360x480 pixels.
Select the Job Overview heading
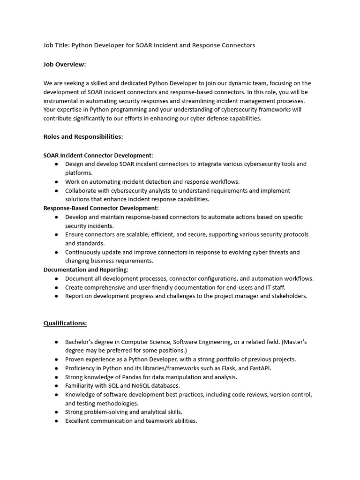coord(65,65)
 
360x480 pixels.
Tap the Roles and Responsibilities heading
coord(83,137)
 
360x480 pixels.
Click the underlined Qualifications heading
coord(65,323)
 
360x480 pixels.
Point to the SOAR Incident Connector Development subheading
coord(98,155)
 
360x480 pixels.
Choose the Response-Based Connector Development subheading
coord(101,208)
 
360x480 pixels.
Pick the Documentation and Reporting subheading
coord(85,270)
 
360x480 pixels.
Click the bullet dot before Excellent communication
coord(56,421)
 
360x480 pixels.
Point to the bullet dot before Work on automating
coord(56,182)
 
